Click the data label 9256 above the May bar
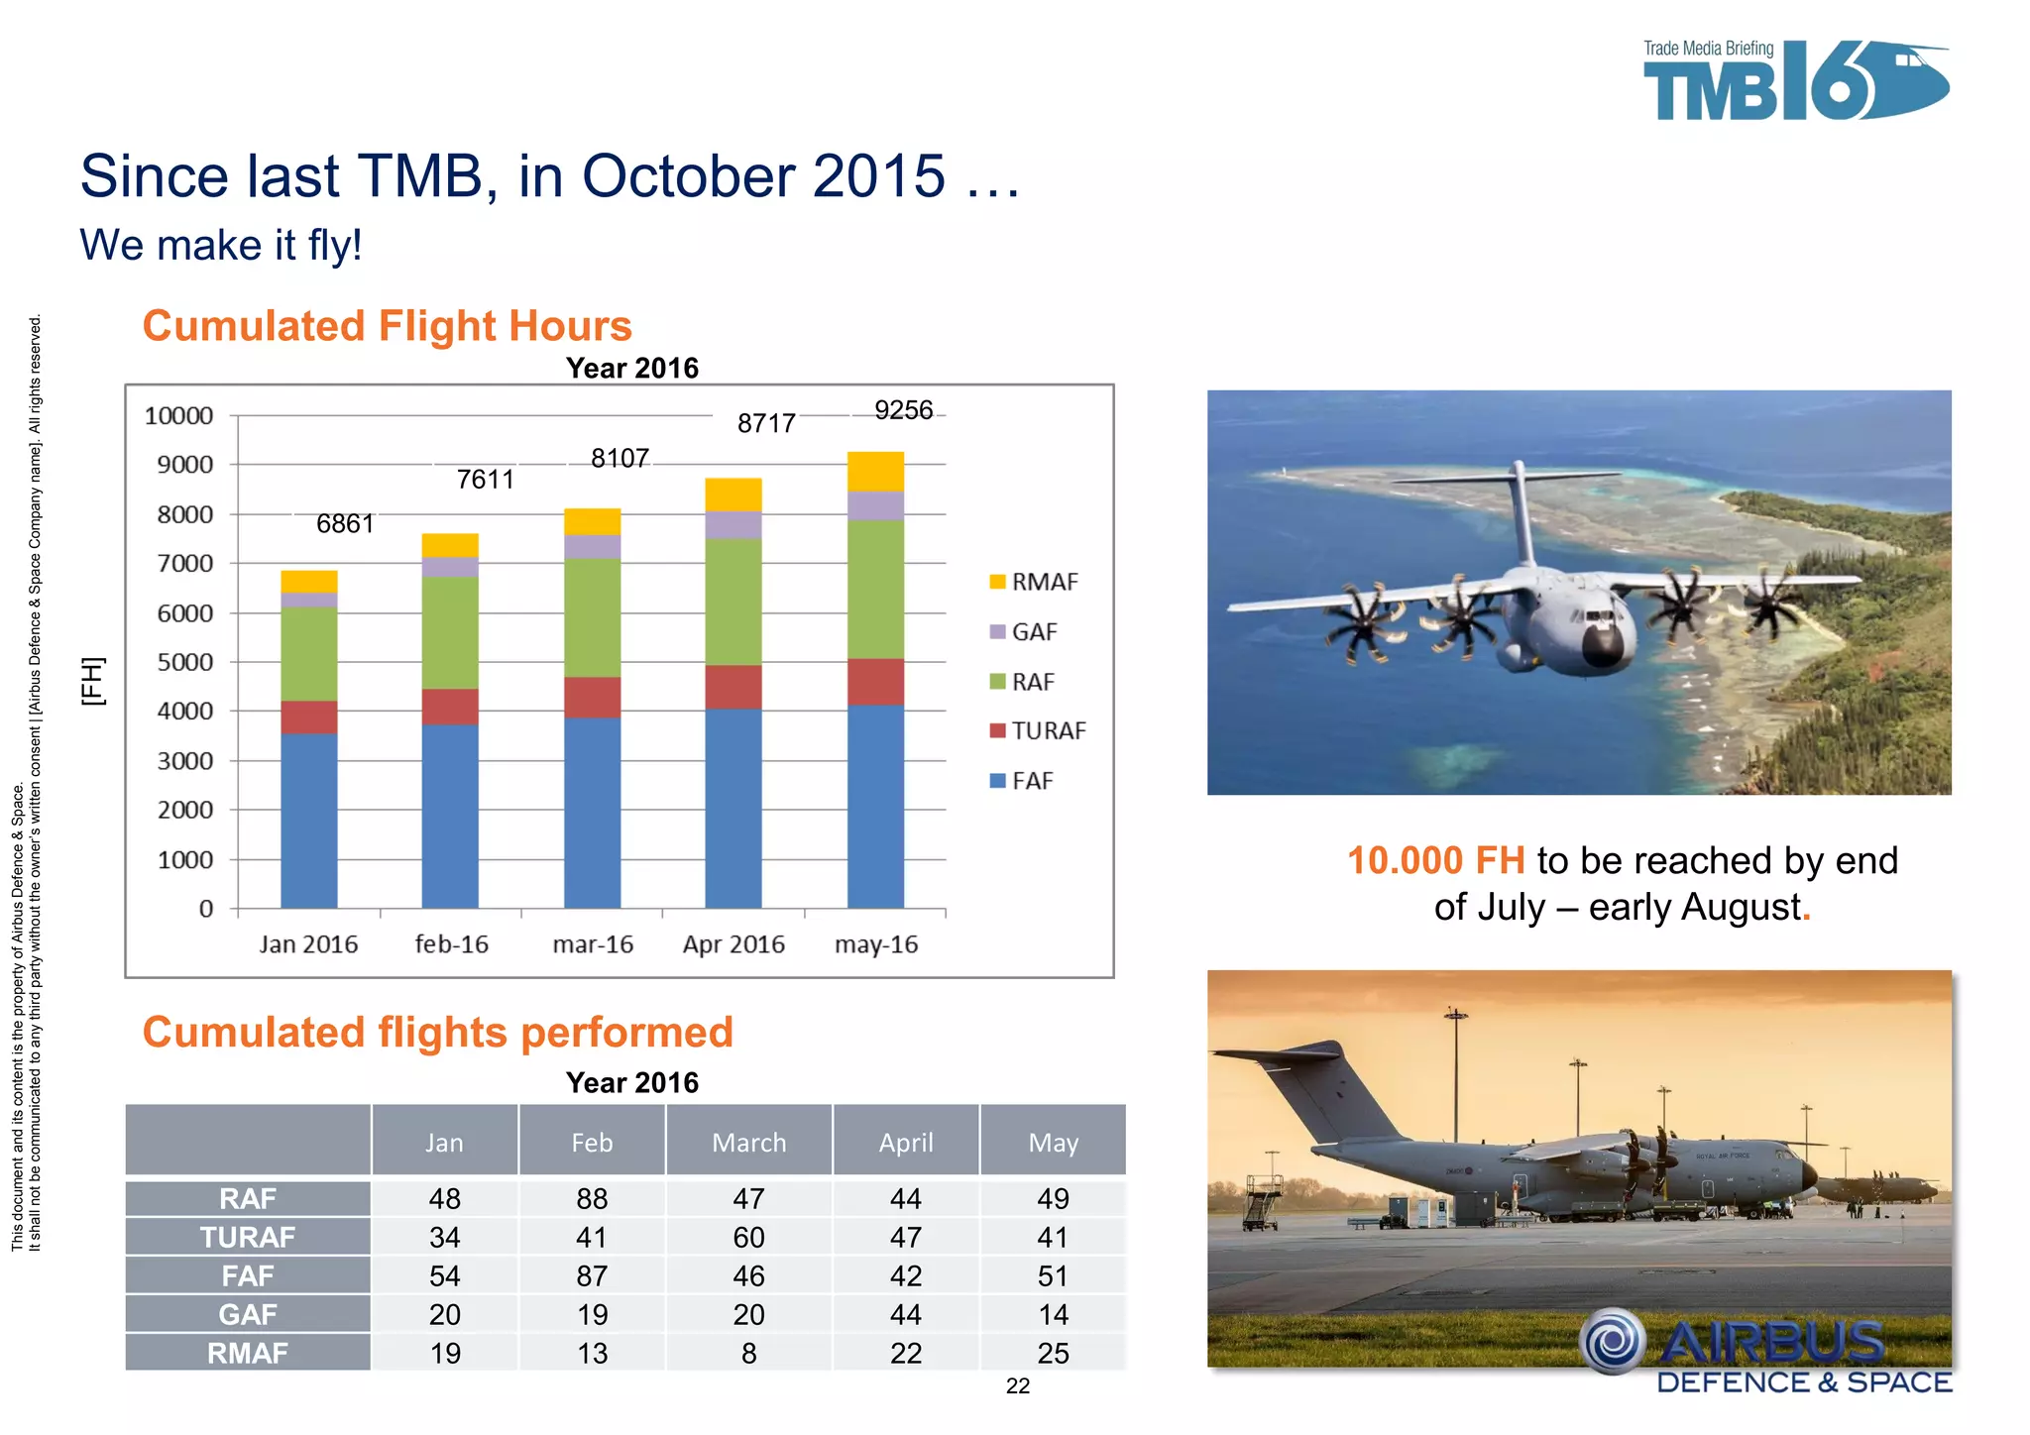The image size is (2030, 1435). (903, 410)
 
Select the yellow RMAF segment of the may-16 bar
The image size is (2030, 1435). (875, 472)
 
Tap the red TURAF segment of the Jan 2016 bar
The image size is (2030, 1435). (308, 717)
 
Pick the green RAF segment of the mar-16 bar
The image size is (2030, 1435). (592, 616)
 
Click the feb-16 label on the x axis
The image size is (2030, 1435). (451, 944)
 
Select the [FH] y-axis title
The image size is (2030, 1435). (92, 681)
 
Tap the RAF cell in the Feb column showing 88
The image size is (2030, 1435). (592, 1198)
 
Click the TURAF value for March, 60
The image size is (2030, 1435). (748, 1237)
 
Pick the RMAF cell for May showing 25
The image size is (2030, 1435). (1053, 1353)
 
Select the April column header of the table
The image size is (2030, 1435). (906, 1143)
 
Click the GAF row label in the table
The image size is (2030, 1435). (248, 1314)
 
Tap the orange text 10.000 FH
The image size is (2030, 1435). (1435, 860)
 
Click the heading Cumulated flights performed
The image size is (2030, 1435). (437, 1032)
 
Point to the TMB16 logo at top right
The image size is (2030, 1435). (1794, 82)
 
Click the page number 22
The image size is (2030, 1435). (1017, 1386)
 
